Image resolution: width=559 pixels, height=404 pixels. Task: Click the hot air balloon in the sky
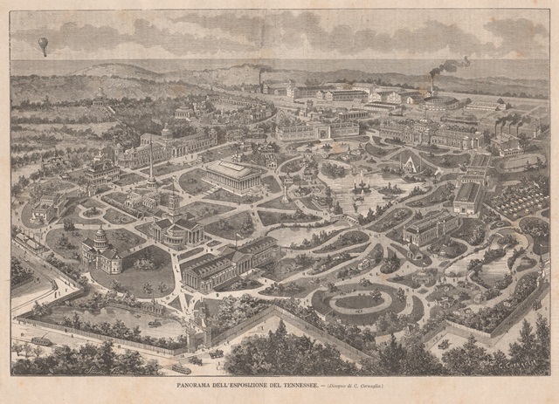(43, 46)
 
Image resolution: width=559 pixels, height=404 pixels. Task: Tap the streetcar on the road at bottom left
(40, 339)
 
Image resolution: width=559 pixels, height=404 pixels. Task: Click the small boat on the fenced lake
(154, 323)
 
